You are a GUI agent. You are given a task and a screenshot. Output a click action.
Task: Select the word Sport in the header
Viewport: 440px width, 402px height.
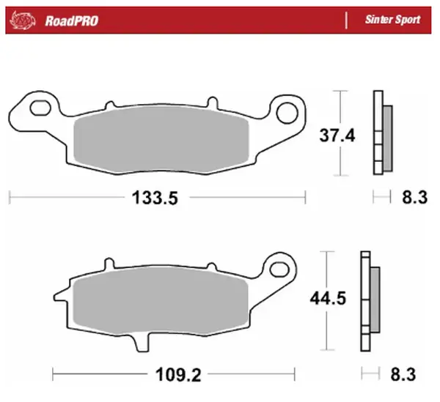408,20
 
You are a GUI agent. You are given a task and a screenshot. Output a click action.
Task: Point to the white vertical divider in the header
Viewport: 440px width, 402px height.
345,20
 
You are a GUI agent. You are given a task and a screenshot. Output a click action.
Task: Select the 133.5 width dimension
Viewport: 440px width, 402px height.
155,196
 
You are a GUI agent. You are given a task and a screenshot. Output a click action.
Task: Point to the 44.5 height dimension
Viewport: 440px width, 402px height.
325,299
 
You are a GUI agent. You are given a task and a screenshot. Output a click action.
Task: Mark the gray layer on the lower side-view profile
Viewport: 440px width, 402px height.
375,298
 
